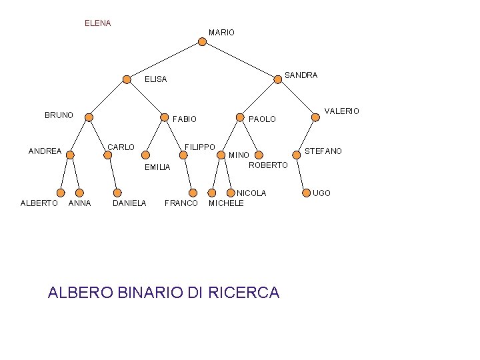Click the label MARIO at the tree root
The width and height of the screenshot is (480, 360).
click(x=221, y=33)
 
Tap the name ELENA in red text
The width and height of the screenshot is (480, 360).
click(x=98, y=23)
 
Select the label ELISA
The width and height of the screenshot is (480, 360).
click(x=156, y=79)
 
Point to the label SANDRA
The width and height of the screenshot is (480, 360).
click(x=301, y=75)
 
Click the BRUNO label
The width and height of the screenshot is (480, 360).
click(x=59, y=115)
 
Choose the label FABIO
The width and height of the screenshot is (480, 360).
click(x=185, y=119)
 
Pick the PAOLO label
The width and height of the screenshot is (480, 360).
click(x=262, y=119)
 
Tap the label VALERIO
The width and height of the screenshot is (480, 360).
click(x=341, y=111)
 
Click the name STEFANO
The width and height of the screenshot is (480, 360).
click(x=323, y=151)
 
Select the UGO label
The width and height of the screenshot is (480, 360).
click(x=321, y=193)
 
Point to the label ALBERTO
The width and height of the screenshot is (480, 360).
click(x=39, y=203)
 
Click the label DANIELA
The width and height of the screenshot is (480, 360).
click(x=129, y=203)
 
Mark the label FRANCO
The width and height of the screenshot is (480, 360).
click(x=181, y=203)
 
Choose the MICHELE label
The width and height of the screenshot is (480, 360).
click(x=226, y=203)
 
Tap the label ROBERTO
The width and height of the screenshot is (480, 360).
click(x=268, y=165)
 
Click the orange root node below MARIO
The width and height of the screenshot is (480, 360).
click(x=203, y=42)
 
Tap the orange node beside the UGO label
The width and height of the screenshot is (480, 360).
click(x=305, y=193)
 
